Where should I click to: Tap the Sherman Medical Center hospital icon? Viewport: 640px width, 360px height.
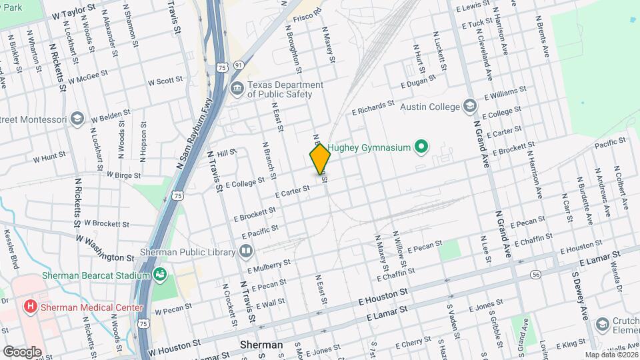tap(30, 307)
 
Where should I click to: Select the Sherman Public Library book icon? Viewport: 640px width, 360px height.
tap(246, 252)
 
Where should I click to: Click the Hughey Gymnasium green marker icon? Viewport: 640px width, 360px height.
tap(421, 146)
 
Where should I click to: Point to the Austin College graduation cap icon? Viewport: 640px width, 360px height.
tap(470, 107)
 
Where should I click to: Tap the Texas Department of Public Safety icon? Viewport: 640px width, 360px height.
tap(236, 89)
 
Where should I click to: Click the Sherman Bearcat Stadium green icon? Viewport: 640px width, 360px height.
tap(159, 274)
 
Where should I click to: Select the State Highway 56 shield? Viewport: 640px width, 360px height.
tap(535, 275)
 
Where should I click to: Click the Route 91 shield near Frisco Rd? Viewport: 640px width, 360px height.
tap(238, 66)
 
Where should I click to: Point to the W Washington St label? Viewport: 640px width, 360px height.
tap(105, 247)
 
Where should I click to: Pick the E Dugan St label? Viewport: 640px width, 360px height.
tap(418, 81)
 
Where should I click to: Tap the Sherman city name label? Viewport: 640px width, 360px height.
tap(261, 345)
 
